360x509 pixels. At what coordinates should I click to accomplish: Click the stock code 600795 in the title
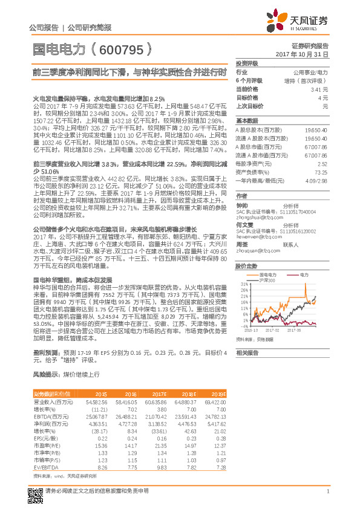pyautogui.click(x=125, y=49)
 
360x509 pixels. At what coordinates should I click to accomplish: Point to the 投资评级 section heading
pyautogui.click(x=247, y=63)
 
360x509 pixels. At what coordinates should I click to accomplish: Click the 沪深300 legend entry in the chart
pyautogui.click(x=267, y=280)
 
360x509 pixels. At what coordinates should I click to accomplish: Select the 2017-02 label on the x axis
pyautogui.click(x=273, y=331)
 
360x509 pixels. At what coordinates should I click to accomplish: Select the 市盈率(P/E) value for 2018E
pyautogui.click(x=189, y=446)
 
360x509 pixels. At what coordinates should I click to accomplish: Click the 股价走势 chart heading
pyautogui.click(x=247, y=265)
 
